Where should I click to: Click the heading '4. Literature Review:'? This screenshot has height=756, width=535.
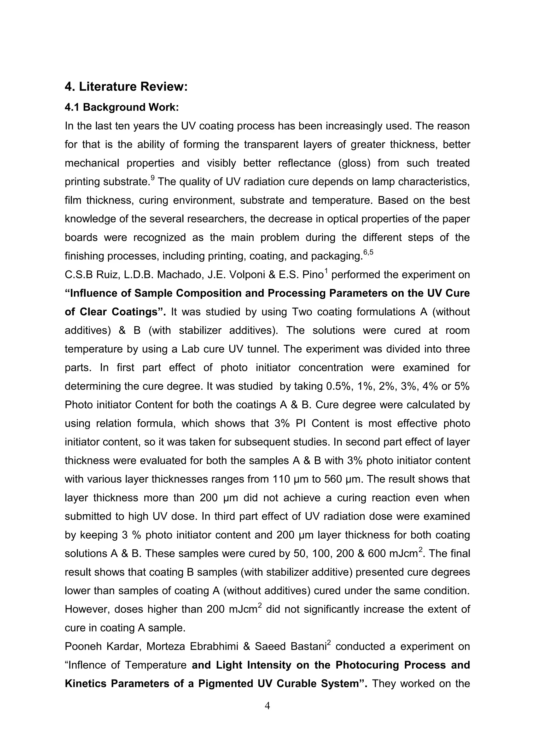(126, 87)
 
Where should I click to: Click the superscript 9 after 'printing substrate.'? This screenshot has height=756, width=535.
(153, 178)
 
